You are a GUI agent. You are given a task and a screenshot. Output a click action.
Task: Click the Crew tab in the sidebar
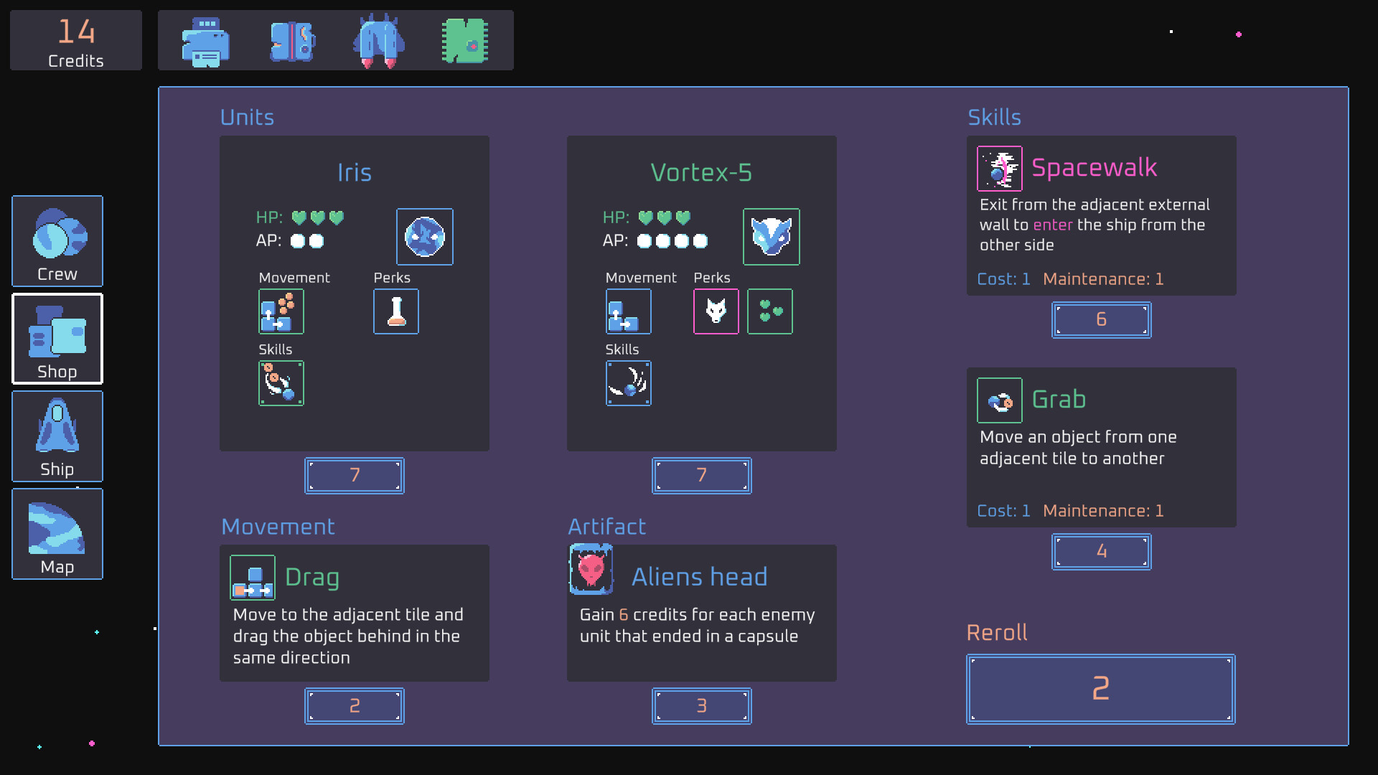click(57, 241)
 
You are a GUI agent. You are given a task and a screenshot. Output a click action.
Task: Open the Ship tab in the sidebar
click(57, 436)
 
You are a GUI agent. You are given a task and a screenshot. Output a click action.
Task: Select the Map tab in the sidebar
click(57, 534)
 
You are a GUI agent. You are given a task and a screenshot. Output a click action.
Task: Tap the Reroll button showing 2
click(1101, 689)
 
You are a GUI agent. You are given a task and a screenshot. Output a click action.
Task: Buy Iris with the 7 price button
click(355, 475)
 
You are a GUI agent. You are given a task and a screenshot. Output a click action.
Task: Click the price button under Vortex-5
click(702, 475)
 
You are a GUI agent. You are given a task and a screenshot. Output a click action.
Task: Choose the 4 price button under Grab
click(1102, 552)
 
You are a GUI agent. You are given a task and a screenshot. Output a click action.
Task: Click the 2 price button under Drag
click(355, 706)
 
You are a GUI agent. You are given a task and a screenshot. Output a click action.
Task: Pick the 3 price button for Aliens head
click(702, 706)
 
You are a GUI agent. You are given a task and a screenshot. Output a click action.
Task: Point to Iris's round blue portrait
click(425, 237)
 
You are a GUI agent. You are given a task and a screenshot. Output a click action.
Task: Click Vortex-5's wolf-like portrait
click(772, 237)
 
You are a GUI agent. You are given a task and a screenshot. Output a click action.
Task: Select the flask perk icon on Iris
click(396, 311)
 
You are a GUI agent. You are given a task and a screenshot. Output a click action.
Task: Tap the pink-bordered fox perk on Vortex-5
click(716, 311)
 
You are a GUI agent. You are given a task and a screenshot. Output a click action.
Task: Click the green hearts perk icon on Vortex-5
click(770, 311)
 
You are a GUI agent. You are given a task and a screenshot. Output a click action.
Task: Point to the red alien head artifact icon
click(591, 570)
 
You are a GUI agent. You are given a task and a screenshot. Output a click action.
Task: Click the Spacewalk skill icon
click(1000, 169)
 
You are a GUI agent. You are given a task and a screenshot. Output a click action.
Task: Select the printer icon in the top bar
click(206, 42)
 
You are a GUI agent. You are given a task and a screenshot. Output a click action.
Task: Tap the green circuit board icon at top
click(465, 41)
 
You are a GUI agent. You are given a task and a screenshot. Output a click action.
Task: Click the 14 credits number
click(76, 32)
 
